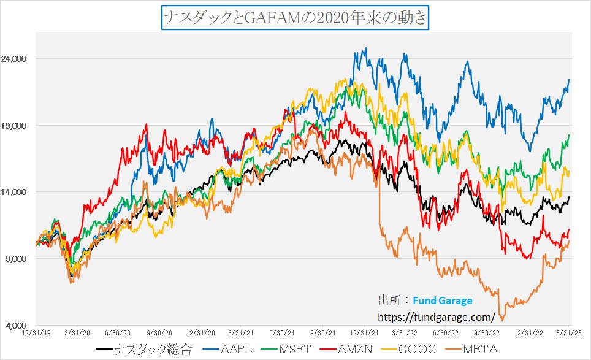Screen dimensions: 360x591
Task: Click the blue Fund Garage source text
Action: tap(443, 301)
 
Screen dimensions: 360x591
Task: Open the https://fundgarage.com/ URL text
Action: tap(437, 316)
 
